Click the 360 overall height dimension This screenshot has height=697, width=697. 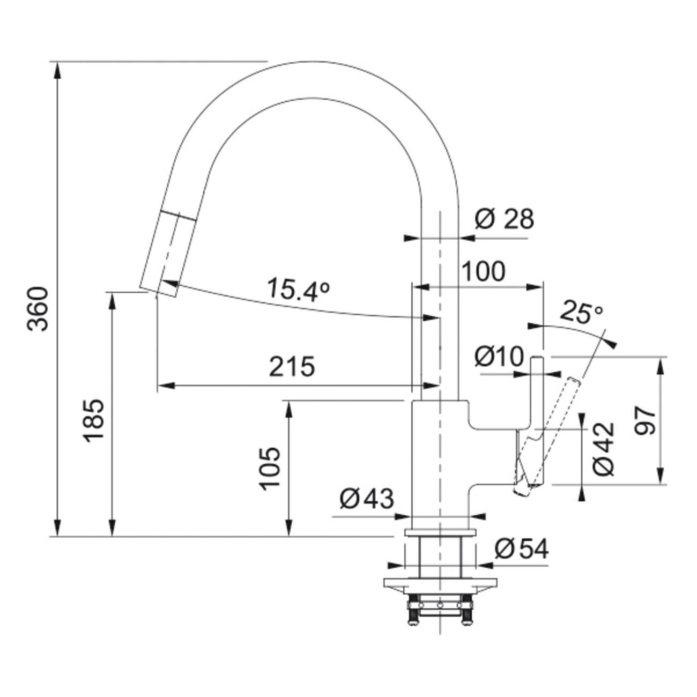click(38, 309)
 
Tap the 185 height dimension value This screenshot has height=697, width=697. click(94, 421)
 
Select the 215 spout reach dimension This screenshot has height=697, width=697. click(292, 367)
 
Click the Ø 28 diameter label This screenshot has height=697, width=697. click(505, 219)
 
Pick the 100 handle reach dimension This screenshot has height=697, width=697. click(483, 271)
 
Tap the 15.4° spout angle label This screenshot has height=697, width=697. click(299, 290)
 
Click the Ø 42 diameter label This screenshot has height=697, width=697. click(604, 449)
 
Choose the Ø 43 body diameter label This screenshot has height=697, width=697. click(367, 499)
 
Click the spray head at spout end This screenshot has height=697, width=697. click(166, 253)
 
